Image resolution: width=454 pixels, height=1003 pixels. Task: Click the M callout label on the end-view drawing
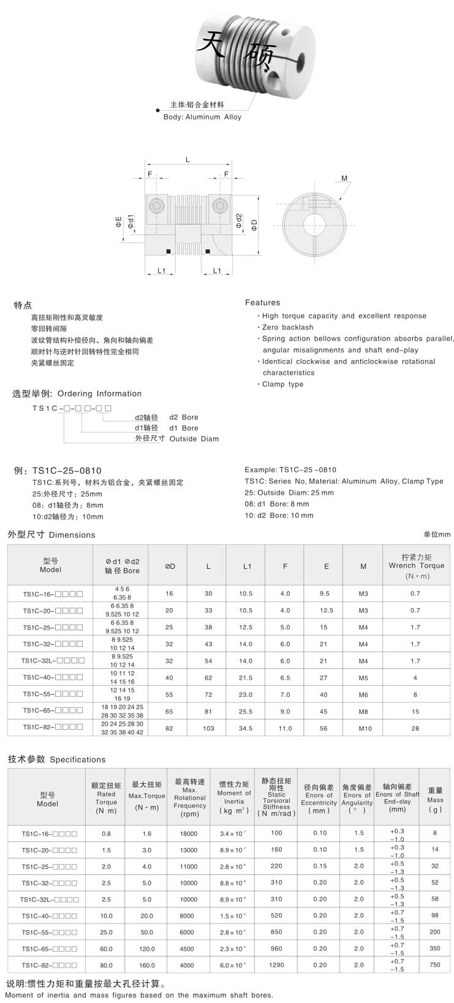coord(344,179)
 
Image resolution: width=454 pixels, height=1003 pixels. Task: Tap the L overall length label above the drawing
coord(187,160)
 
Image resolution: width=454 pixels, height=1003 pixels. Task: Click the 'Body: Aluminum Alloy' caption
coord(202,117)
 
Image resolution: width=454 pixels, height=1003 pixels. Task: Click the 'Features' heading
coord(262,302)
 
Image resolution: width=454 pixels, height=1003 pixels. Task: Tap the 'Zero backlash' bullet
coord(287,328)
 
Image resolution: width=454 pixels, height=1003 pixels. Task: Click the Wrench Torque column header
coord(416,566)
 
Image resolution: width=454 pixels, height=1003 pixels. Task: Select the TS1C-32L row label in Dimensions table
coord(52,661)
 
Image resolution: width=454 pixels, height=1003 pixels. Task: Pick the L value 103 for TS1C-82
coord(208,728)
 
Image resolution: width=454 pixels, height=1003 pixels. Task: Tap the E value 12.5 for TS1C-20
coord(327,610)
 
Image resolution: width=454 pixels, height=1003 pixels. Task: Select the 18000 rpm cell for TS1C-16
coord(189,833)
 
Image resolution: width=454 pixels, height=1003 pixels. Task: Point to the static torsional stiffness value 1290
coord(276,964)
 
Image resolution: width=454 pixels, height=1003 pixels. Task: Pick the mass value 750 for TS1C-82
coord(435,964)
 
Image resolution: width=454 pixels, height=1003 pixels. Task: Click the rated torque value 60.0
coord(106,949)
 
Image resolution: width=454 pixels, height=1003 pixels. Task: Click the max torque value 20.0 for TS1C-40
coord(147,915)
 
